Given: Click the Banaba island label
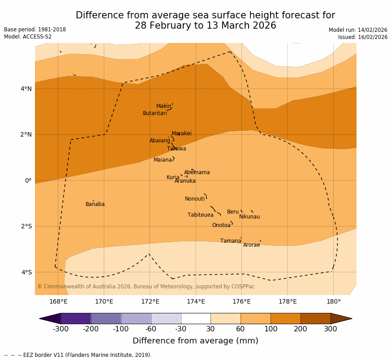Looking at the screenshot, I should pyautogui.click(x=95, y=204).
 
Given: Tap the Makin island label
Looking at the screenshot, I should pyautogui.click(x=163, y=106).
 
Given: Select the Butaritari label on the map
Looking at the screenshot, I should pyautogui.click(x=155, y=113).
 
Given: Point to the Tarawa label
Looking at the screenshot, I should pyautogui.click(x=176, y=149).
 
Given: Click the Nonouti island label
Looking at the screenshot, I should pyautogui.click(x=195, y=199).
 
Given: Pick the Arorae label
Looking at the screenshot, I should pyautogui.click(x=251, y=245).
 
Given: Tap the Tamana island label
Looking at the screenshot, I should pyautogui.click(x=231, y=241).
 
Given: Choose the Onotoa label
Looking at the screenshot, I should pyautogui.click(x=221, y=225).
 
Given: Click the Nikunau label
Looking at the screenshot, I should pyautogui.click(x=249, y=217).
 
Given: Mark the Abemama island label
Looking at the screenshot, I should pyautogui.click(x=197, y=172).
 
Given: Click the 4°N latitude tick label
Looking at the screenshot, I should pyautogui.click(x=26, y=89).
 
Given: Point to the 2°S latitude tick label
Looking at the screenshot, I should pyautogui.click(x=26, y=226).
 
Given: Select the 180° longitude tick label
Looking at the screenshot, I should pyautogui.click(x=333, y=301).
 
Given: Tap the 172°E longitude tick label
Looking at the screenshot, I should pyautogui.click(x=150, y=301).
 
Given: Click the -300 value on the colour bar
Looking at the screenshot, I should pyautogui.click(x=60, y=329).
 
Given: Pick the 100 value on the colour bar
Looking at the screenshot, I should pyautogui.click(x=271, y=329).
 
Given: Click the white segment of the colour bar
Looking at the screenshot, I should pyautogui.click(x=196, y=318).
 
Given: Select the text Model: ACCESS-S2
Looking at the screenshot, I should pyautogui.click(x=28, y=37).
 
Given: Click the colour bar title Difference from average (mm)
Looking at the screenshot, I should pyautogui.click(x=195, y=341).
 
